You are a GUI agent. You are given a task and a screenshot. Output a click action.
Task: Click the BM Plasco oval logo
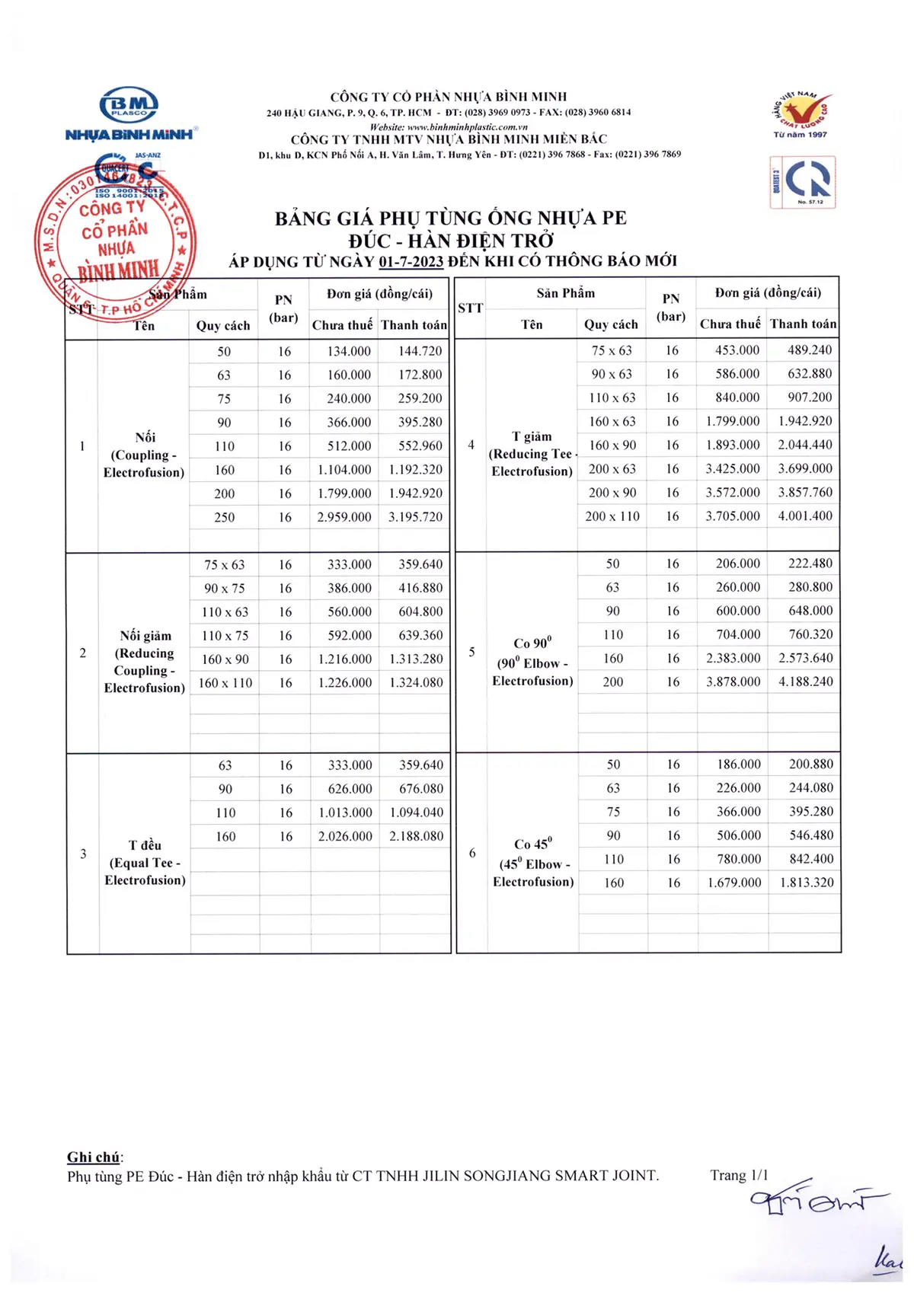(129, 104)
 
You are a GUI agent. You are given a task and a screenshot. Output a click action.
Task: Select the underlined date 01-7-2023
(411, 262)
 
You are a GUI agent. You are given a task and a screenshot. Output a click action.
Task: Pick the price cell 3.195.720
(415, 517)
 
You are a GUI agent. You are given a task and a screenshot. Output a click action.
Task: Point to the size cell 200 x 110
(612, 516)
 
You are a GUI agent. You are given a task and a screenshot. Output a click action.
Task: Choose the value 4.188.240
(806, 682)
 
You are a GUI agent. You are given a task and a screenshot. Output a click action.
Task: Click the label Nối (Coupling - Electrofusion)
(145, 455)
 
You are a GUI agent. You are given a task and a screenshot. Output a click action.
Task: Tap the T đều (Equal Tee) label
(145, 862)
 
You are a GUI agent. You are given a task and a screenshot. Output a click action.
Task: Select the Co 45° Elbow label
(533, 863)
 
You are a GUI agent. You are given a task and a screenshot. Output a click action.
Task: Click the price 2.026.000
(345, 836)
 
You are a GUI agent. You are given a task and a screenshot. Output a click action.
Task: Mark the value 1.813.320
(807, 883)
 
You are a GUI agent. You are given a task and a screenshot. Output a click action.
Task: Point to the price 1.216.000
(345, 659)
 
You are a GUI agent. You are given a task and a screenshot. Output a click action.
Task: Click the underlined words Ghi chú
(94, 1157)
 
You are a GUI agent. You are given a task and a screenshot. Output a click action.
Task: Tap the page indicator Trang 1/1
(739, 1175)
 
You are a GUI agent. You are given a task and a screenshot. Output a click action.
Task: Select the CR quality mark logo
(803, 182)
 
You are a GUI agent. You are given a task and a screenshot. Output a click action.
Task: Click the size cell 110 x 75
(225, 636)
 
